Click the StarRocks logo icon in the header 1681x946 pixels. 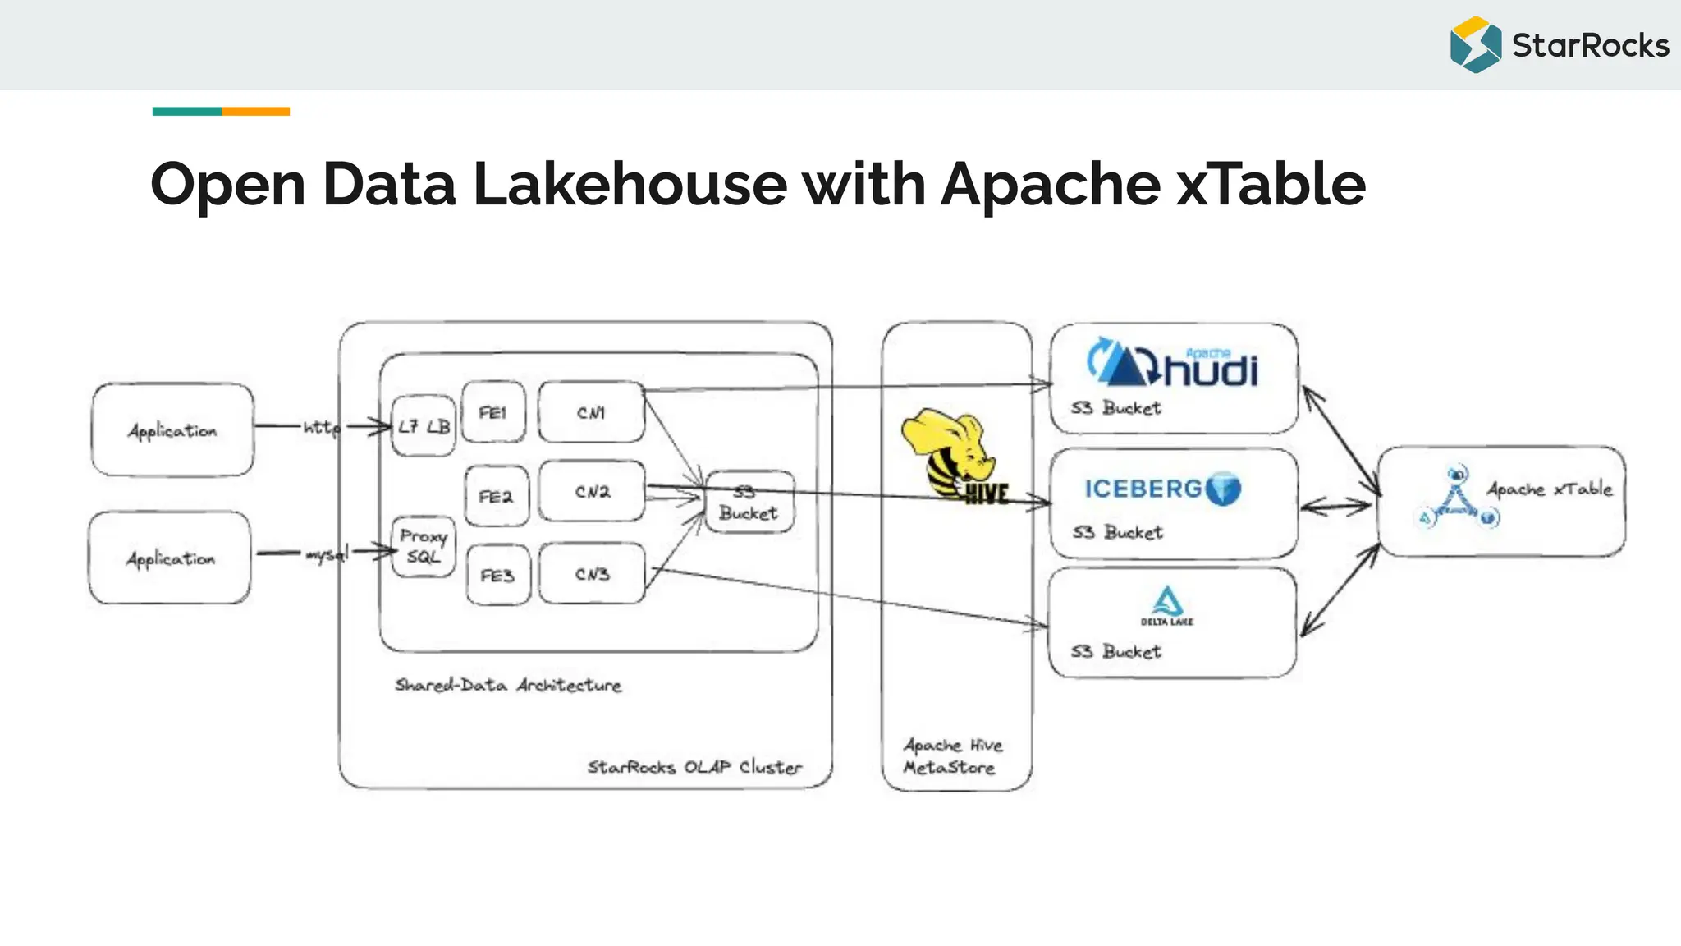coord(1475,45)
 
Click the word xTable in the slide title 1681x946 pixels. coord(1271,184)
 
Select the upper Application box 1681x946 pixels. coord(172,429)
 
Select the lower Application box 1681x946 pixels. coord(170,558)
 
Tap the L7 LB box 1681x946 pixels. coord(424,426)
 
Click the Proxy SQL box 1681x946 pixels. coord(424,546)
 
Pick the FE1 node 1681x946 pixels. coord(493,412)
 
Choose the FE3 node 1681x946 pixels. coord(497,575)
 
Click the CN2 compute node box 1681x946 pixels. coord(592,491)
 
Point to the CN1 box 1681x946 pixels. coord(591,412)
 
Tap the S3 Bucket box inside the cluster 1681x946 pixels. coord(749,503)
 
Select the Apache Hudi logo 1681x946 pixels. coord(1173,363)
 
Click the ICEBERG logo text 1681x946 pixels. coord(1143,489)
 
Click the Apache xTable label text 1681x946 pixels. coord(1549,489)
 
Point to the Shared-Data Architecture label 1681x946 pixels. coord(508,685)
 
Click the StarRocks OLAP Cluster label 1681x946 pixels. coord(694,767)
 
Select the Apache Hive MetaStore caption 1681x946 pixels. coord(952,756)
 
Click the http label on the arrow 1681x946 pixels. coord(321,427)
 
